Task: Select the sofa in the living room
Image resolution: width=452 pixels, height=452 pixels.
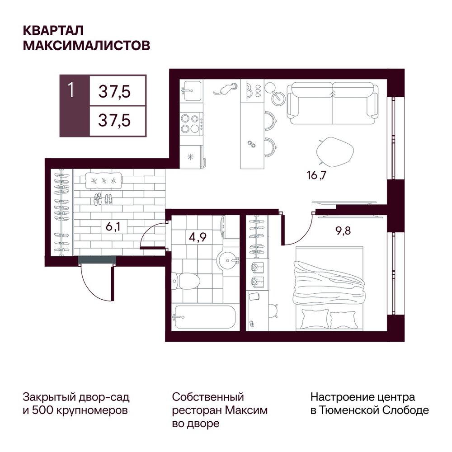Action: (333, 103)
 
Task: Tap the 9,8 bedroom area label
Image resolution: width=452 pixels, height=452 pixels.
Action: (343, 231)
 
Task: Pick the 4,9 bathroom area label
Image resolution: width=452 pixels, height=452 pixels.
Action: (198, 238)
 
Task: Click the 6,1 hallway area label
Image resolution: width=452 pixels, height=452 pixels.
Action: (113, 227)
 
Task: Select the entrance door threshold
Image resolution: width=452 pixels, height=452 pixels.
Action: (97, 260)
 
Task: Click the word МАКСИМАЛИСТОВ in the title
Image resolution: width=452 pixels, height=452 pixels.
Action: (86, 46)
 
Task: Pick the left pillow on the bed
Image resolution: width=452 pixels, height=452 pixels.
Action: (315, 319)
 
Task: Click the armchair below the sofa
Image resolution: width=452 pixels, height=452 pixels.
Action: (334, 152)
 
